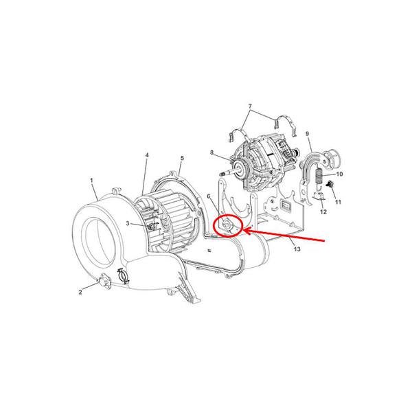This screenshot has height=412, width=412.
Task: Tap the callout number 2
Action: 80,293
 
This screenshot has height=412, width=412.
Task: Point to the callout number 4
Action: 146,156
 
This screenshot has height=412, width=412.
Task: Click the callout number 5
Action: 181,159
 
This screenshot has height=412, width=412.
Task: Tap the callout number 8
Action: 212,152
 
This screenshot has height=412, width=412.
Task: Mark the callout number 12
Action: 323,212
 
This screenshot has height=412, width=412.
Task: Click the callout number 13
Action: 297,249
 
